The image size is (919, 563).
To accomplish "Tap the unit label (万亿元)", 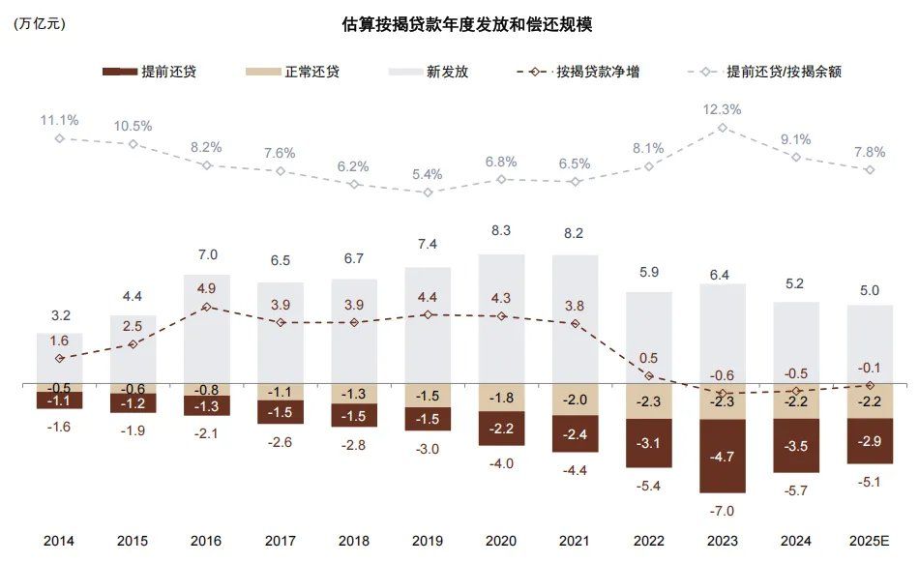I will click(x=40, y=25).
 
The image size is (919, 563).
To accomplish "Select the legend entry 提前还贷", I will click(x=150, y=72).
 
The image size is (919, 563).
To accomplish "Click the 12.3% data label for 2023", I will click(x=723, y=109).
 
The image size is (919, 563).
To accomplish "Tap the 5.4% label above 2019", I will click(x=427, y=174).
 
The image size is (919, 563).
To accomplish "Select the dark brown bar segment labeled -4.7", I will click(x=723, y=456).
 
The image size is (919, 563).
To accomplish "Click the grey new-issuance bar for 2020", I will click(x=501, y=319).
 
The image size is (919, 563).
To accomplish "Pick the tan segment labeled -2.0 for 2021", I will click(x=575, y=400).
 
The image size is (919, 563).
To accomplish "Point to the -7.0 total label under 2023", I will click(x=723, y=510).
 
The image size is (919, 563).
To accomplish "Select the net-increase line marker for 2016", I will click(x=207, y=307).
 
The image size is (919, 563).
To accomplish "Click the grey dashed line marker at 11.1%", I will click(x=59, y=138).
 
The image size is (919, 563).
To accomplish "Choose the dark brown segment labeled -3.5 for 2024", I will click(x=796, y=445).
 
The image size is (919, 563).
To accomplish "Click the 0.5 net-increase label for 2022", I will click(x=649, y=358).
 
